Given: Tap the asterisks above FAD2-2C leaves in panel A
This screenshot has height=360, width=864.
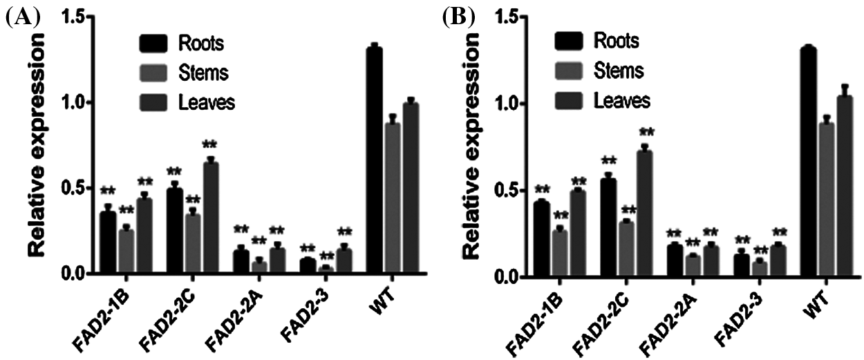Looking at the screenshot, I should click(209, 144).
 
